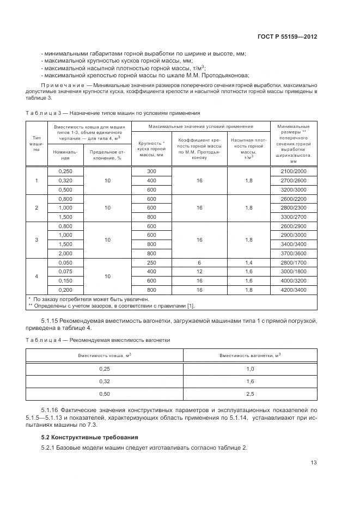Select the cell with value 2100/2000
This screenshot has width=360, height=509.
point(294,171)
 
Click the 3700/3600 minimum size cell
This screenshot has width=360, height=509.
point(294,253)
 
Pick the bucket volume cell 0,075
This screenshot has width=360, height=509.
point(65,271)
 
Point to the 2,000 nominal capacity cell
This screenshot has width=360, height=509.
point(65,253)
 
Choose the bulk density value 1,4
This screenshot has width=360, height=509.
point(248,262)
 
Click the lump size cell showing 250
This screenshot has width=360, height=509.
point(151,262)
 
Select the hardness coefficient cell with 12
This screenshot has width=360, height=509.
point(200,271)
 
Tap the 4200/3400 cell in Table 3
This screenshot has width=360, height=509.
point(294,290)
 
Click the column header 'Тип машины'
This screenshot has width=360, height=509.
point(36,144)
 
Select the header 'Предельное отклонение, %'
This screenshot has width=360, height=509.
point(107,155)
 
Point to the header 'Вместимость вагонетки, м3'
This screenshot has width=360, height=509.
point(250,355)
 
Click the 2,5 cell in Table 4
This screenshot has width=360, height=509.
point(250,393)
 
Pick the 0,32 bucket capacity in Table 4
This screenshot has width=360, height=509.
point(103,381)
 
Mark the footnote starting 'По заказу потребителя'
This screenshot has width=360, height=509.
point(76,299)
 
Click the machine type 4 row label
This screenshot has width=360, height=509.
point(36,276)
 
